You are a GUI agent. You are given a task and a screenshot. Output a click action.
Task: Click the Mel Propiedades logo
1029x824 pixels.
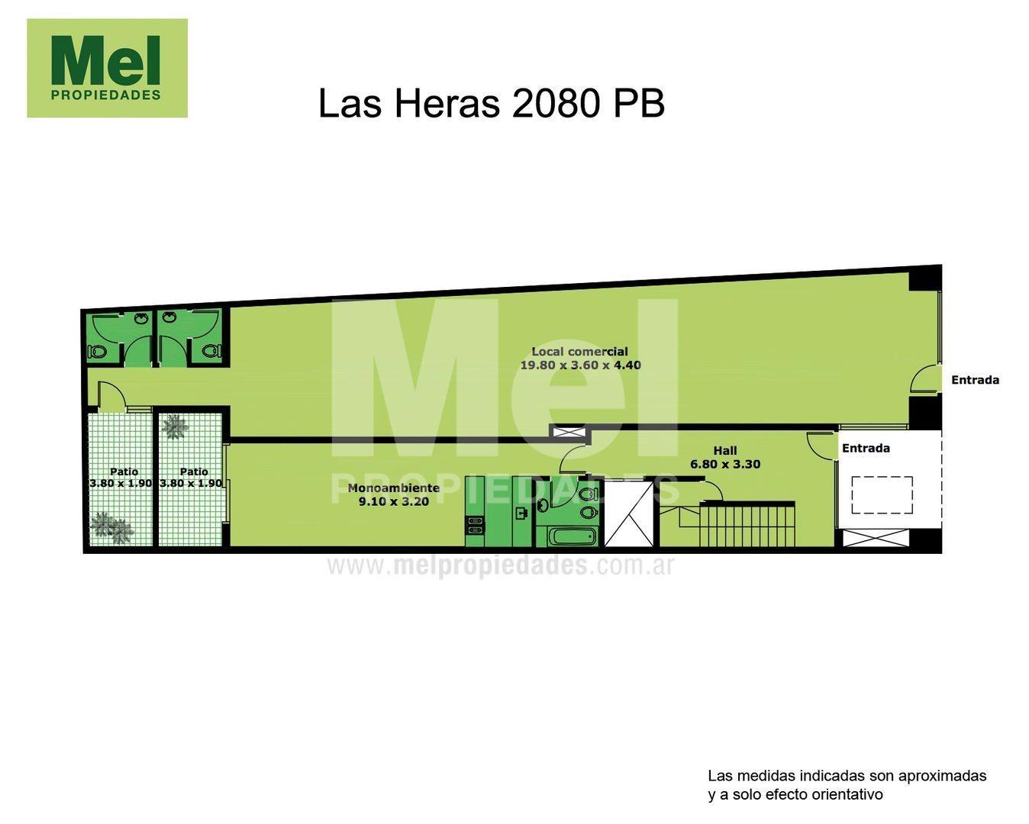point(107,68)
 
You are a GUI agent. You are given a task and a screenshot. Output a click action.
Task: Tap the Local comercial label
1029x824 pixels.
point(579,352)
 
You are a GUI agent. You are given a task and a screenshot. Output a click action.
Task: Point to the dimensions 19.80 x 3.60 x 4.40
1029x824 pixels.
point(580,365)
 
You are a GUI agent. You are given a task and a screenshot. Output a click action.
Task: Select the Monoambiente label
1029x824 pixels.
point(393,488)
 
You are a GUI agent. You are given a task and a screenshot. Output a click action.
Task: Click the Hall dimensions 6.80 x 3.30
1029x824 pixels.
point(724,464)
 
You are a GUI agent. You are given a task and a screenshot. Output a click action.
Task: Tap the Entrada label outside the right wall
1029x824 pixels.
point(975,380)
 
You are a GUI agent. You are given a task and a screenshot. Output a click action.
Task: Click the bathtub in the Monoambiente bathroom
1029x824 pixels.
point(573,536)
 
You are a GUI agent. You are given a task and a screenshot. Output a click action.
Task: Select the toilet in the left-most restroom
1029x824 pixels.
point(97,352)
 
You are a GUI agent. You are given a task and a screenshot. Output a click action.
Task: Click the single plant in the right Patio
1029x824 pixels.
point(175,426)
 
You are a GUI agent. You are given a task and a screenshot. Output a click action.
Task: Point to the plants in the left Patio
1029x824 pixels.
point(111,527)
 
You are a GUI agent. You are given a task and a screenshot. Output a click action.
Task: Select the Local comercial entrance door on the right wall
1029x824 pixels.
point(925,379)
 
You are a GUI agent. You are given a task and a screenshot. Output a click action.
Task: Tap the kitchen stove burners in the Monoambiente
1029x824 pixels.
point(474,525)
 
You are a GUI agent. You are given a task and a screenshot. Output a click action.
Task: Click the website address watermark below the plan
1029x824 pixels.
point(501,565)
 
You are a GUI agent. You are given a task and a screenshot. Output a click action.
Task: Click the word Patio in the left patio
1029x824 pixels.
point(124,472)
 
